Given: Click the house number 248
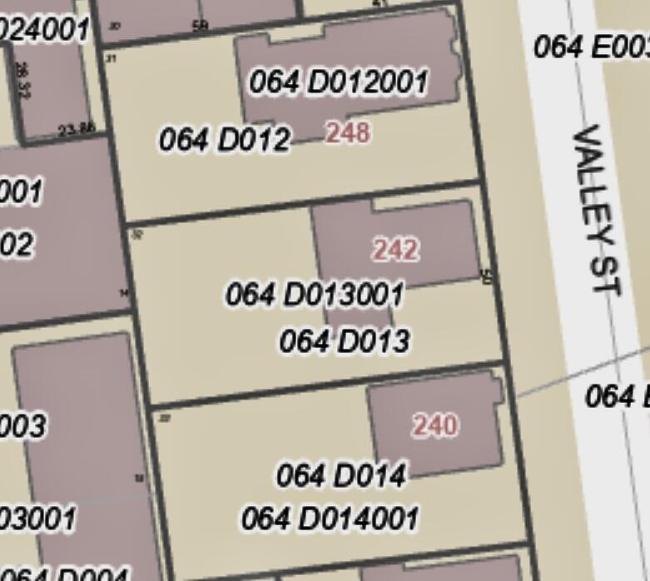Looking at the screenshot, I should point(347,132).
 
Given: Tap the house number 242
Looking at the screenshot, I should point(395,250).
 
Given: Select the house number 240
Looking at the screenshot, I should point(434,425).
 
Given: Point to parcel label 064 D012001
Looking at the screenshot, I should point(338,82).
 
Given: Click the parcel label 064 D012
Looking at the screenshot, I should point(225,140).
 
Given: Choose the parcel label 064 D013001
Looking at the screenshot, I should point(315,294).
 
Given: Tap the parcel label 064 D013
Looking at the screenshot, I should point(344,340).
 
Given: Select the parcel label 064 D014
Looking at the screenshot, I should point(340,475).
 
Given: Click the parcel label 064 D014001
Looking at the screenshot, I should point(330,519).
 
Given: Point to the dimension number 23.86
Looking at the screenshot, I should point(77,129).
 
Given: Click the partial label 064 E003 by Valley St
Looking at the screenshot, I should point(591,46).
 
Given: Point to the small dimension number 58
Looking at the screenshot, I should point(200,26).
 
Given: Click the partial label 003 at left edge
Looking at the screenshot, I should point(22,426).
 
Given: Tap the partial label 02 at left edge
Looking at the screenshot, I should point(17,245).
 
